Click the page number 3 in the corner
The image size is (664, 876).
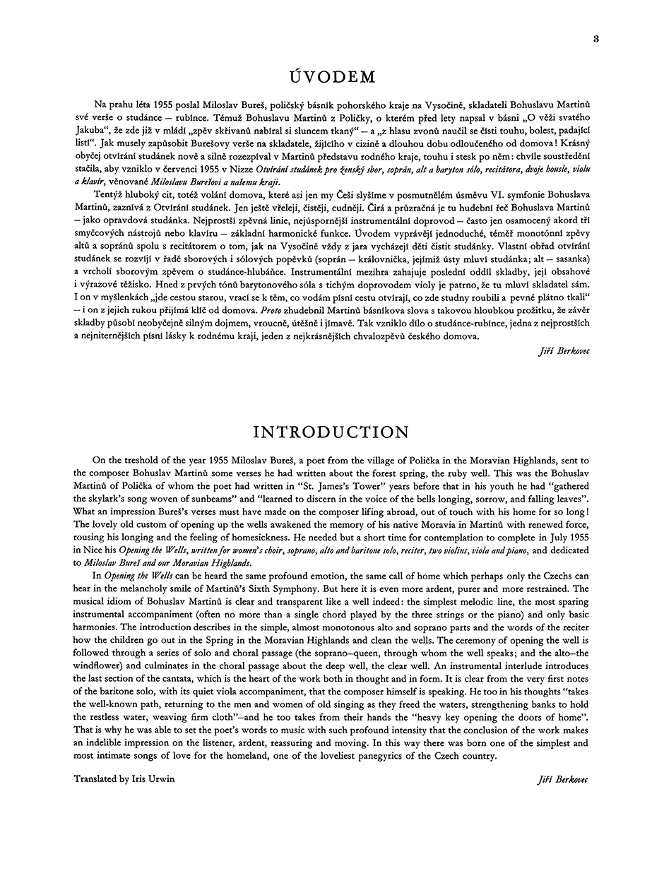click(x=596, y=39)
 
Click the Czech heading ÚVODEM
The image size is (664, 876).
click(x=331, y=77)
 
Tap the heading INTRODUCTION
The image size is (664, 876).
click(x=331, y=432)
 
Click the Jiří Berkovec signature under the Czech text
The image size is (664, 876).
click(x=563, y=350)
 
